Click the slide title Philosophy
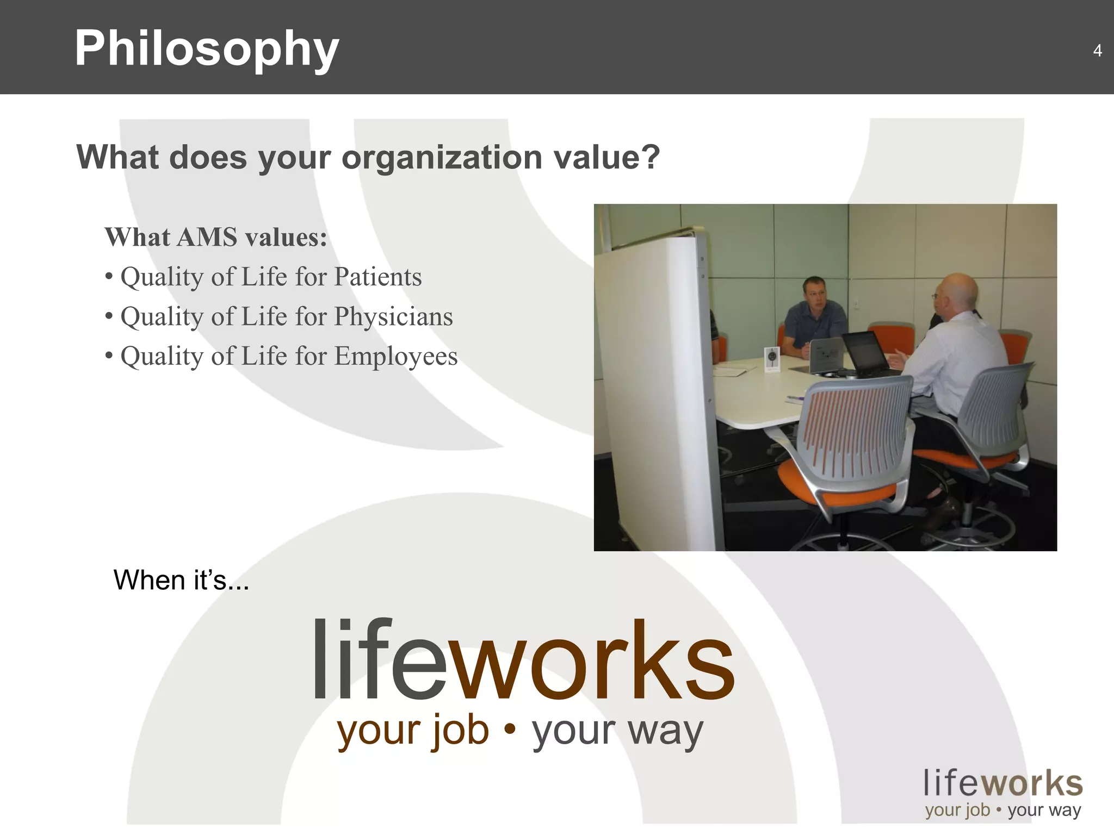tap(207, 49)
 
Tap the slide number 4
tap(1097, 51)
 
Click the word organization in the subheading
tap(441, 158)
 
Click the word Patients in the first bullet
tap(377, 277)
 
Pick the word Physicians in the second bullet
tap(393, 316)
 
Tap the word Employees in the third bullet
tap(395, 357)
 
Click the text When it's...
tap(181, 580)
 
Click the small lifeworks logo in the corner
tap(1002, 794)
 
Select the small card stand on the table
tap(771, 359)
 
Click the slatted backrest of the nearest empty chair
tap(859, 429)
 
